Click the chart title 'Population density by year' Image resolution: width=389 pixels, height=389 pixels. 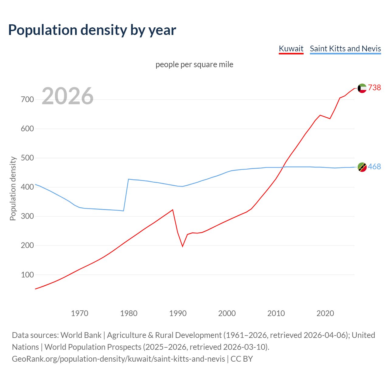click(92, 30)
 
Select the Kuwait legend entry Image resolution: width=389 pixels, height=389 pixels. click(291, 49)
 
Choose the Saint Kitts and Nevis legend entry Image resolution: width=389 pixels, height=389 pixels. click(345, 49)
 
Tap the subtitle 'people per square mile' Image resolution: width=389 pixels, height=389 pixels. click(194, 65)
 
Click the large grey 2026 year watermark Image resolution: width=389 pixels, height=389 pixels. click(67, 96)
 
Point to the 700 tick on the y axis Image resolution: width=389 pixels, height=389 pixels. click(27, 100)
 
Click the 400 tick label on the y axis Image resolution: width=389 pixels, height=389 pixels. click(27, 187)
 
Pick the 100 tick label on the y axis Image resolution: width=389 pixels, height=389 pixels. click(27, 275)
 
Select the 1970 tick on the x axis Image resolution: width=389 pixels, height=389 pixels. click(80, 313)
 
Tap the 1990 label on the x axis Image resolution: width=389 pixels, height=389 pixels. click(178, 313)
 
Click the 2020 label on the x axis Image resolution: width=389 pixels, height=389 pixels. click(325, 313)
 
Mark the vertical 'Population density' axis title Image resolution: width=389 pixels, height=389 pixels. click(13, 188)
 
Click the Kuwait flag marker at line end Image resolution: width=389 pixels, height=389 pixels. click(362, 88)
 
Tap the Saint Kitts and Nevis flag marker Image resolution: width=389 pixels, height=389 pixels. click(362, 167)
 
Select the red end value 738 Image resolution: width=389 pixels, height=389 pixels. click(374, 88)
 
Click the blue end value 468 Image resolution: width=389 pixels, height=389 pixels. click(374, 167)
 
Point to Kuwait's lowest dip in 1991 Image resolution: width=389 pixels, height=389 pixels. click(183, 246)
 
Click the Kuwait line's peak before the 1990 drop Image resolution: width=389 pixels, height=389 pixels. click(173, 210)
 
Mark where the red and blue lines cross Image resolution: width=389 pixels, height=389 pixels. click(283, 167)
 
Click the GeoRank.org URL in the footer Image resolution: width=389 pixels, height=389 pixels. click(118, 359)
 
